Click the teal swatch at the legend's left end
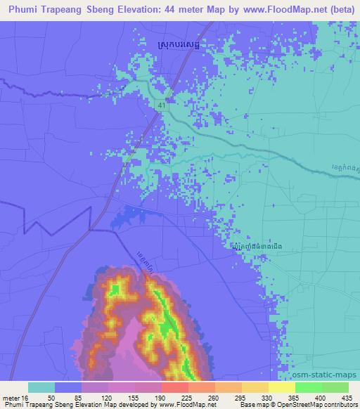point(41,387)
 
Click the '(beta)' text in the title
point(339,10)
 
